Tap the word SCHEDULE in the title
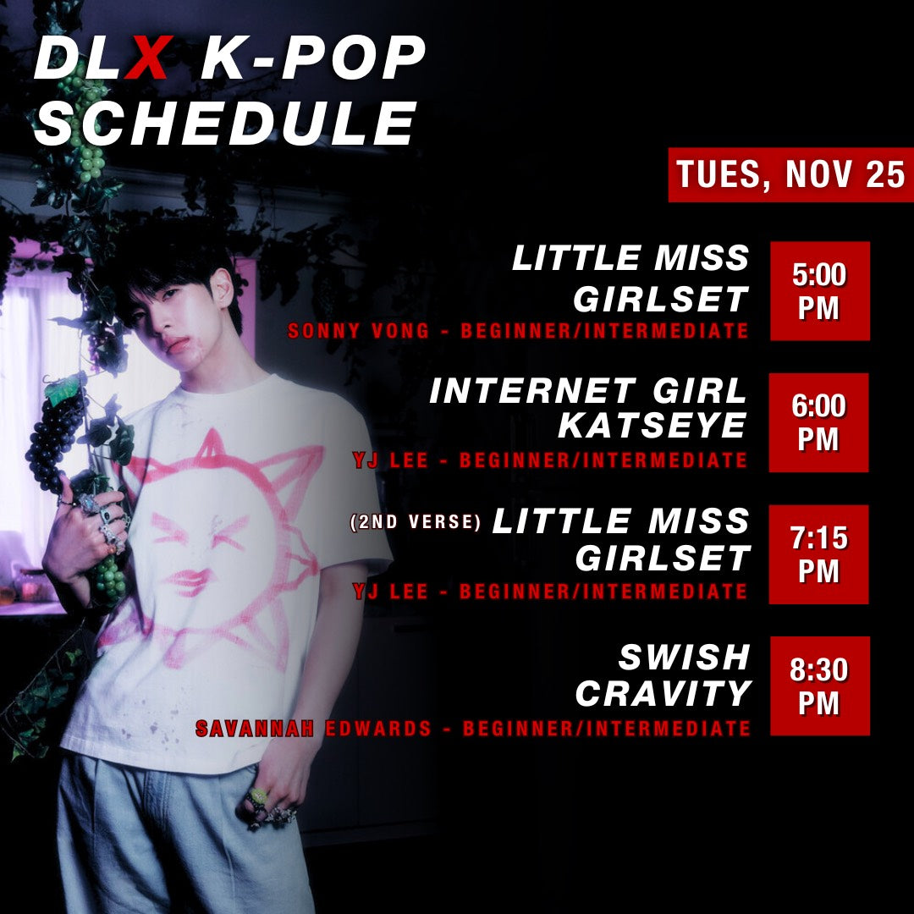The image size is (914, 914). pyautogui.click(x=226, y=124)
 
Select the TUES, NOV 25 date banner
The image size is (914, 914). pyautogui.click(x=790, y=175)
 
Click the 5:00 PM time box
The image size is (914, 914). pyautogui.click(x=819, y=291)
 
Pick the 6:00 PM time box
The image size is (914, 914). pyautogui.click(x=819, y=422)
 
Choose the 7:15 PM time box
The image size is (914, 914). pyautogui.click(x=819, y=554)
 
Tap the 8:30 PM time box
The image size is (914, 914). pyautogui.click(x=819, y=685)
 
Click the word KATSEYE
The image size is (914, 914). pyautogui.click(x=652, y=427)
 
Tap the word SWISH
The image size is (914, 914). pyautogui.click(x=685, y=657)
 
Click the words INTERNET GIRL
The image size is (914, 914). pyautogui.click(x=588, y=391)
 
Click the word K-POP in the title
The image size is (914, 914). pyautogui.click(x=313, y=60)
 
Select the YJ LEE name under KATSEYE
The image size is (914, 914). pyautogui.click(x=388, y=461)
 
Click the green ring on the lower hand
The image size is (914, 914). pyautogui.click(x=257, y=796)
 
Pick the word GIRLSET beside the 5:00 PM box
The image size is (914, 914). pyautogui.click(x=661, y=298)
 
